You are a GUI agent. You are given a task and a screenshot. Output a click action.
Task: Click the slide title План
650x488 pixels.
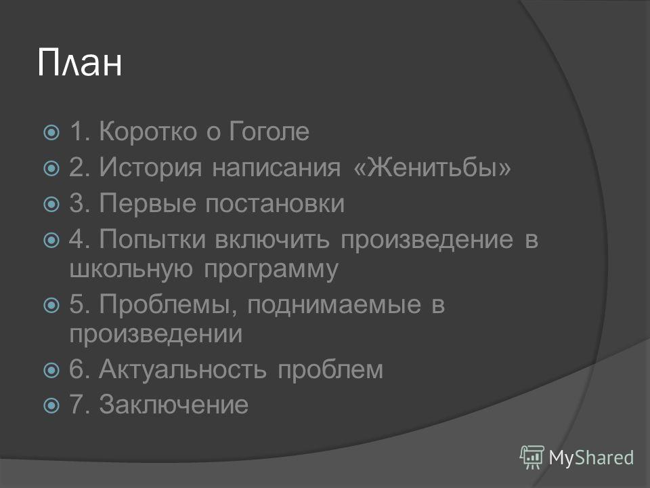80,62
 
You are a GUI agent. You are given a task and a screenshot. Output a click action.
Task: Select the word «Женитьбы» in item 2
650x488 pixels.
433,167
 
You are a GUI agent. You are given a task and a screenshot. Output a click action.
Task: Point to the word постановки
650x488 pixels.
275,204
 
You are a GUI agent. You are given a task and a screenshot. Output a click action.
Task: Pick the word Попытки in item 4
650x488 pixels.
152,239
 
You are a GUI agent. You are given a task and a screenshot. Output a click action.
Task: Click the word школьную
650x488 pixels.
131,270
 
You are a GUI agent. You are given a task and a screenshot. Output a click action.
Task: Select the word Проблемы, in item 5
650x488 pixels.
168,305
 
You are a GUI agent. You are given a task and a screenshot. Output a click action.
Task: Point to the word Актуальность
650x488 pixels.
182,369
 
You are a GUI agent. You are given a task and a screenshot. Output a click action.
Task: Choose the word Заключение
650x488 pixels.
174,404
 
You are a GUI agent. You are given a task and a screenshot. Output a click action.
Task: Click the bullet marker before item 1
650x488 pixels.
51,133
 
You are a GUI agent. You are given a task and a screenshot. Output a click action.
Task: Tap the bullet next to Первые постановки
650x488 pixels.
51,204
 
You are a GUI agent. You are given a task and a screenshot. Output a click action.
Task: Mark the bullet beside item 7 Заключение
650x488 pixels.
51,405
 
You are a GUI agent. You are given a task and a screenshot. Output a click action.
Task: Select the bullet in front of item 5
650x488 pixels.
51,306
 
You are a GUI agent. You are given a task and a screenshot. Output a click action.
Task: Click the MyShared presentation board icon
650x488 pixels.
532,457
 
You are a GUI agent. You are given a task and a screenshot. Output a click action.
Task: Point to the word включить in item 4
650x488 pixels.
272,240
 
